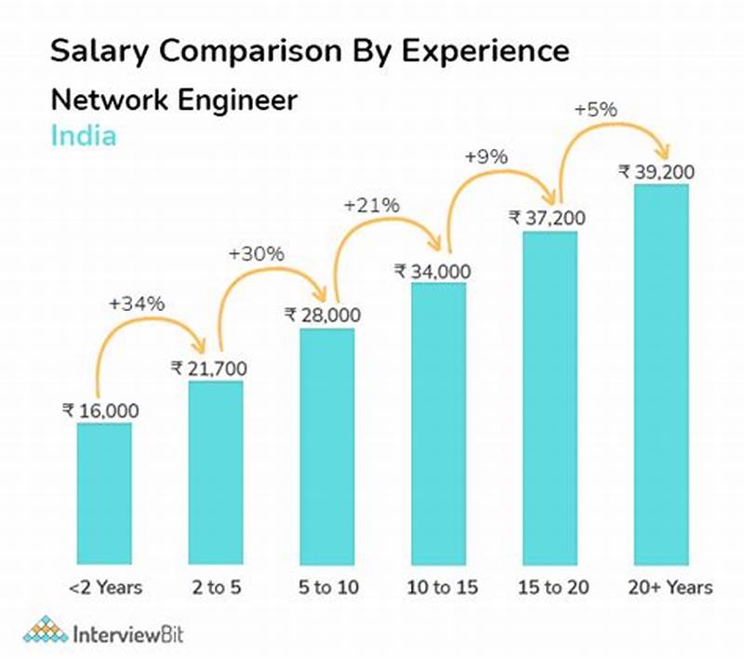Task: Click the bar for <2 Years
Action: click(x=104, y=493)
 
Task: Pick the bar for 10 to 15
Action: click(x=439, y=424)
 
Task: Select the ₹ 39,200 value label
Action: click(x=657, y=172)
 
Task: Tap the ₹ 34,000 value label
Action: click(x=432, y=271)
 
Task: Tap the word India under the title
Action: click(x=83, y=136)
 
